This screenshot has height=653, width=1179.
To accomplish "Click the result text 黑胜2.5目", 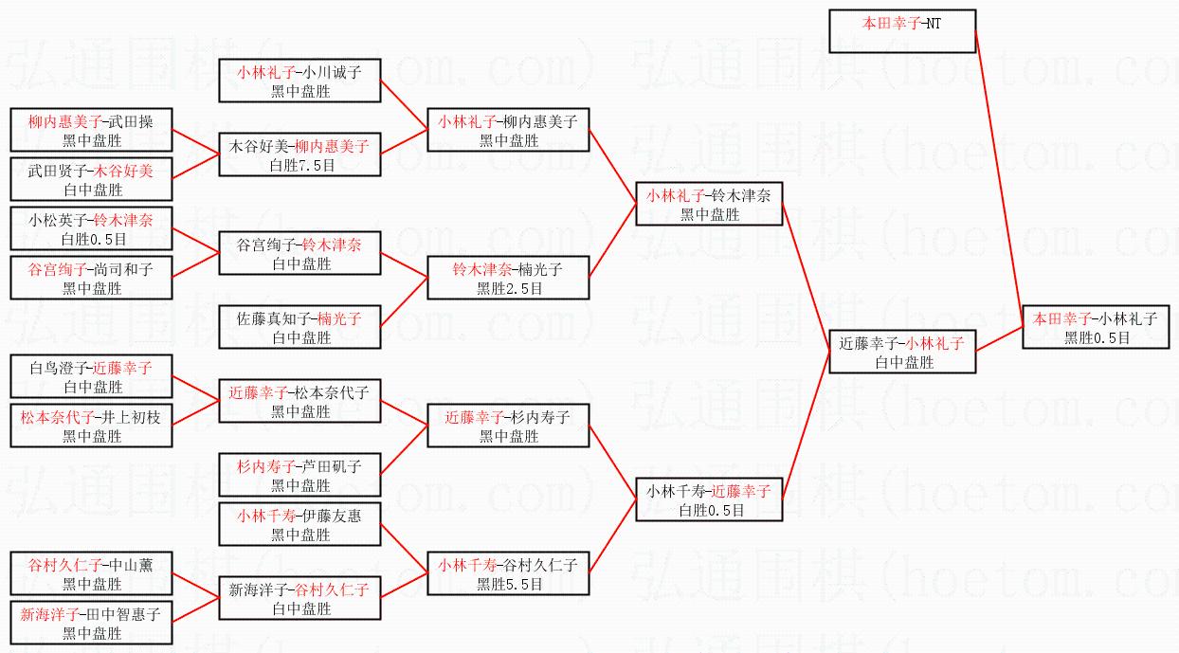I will [509, 288].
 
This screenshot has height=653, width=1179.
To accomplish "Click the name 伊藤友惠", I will [330, 515].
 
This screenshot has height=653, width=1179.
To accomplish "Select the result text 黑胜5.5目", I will [509, 584].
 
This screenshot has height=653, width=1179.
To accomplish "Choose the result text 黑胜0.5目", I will [1097, 337].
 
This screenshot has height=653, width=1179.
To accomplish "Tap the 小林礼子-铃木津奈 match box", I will [709, 204].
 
